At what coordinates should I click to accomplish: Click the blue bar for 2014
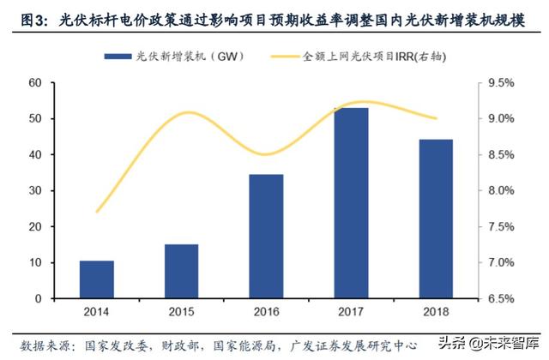97,279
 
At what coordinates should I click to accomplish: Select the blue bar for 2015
181,271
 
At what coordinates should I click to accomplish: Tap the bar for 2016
266,237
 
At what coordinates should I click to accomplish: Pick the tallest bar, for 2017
351,203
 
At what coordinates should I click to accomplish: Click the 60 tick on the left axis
35,83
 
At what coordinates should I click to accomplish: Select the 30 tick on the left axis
35,190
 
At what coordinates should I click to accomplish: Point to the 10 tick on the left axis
35,262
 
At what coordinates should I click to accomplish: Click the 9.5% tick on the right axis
500,83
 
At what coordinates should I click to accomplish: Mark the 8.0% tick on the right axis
500,191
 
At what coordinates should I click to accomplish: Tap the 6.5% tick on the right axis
500,298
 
